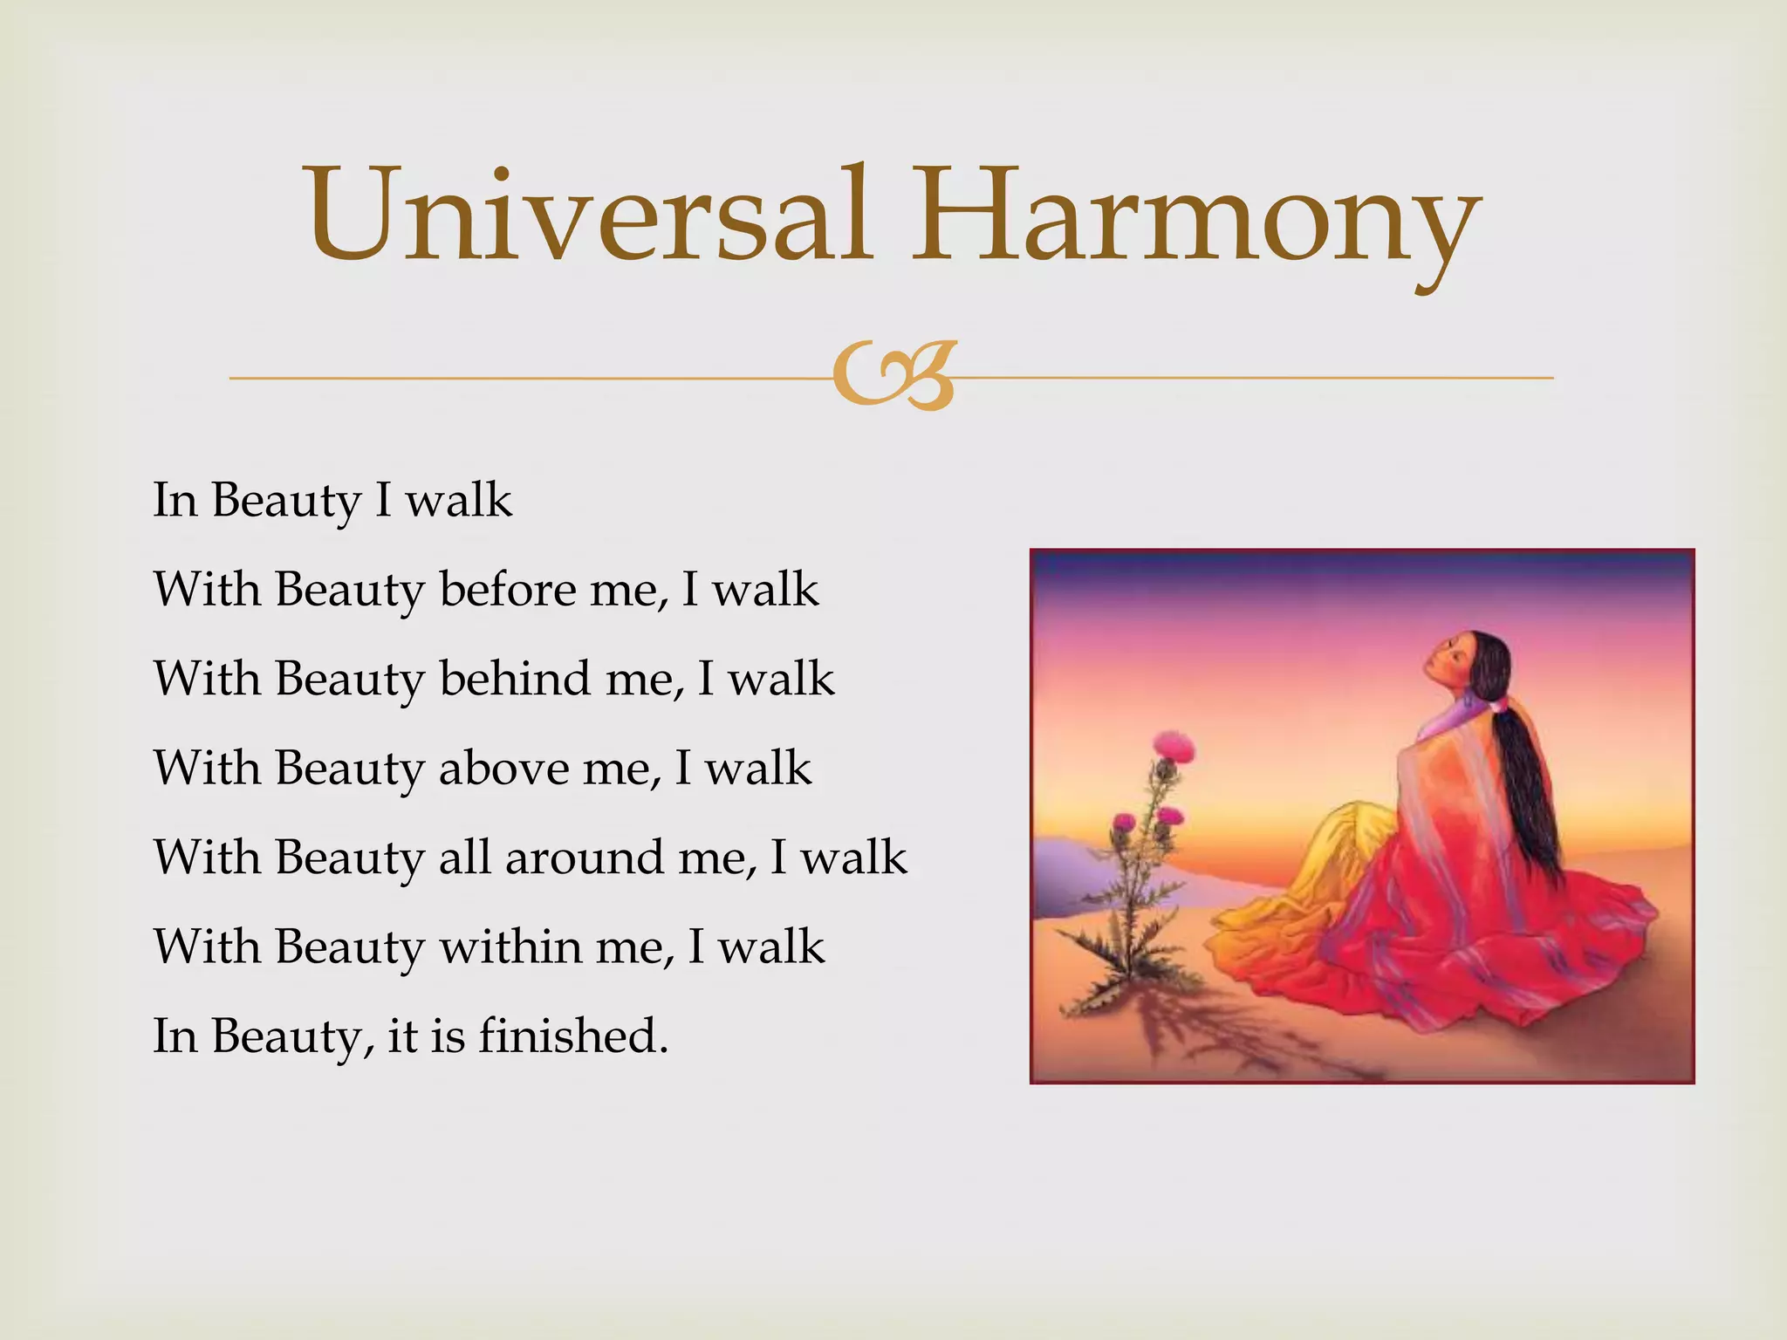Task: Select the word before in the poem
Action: [509, 589]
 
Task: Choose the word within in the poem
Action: [510, 946]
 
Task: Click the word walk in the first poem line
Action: [459, 500]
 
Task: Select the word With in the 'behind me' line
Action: [206, 678]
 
